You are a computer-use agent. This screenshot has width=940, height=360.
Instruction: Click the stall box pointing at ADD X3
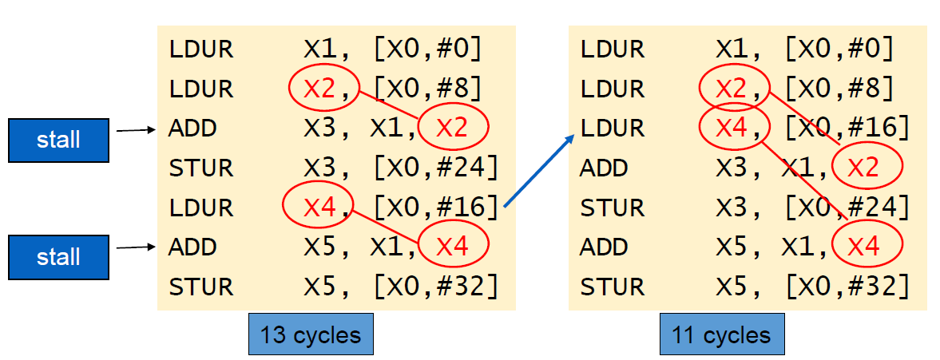[58, 140]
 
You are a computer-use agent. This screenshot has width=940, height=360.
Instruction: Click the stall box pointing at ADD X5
[58, 257]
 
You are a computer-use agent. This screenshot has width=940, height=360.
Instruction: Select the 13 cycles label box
[311, 335]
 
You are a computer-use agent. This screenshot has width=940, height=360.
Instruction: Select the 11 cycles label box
[722, 335]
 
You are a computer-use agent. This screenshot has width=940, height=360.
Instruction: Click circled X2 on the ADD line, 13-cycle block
[452, 128]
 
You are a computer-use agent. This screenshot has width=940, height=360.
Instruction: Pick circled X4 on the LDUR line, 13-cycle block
[317, 207]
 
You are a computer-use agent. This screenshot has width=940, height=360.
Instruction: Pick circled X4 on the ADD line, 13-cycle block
[452, 247]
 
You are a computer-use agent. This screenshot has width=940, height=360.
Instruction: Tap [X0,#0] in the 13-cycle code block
[428, 49]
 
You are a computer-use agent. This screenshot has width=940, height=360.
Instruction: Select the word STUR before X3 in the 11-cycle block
[612, 208]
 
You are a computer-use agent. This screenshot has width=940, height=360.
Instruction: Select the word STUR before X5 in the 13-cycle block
[200, 286]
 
